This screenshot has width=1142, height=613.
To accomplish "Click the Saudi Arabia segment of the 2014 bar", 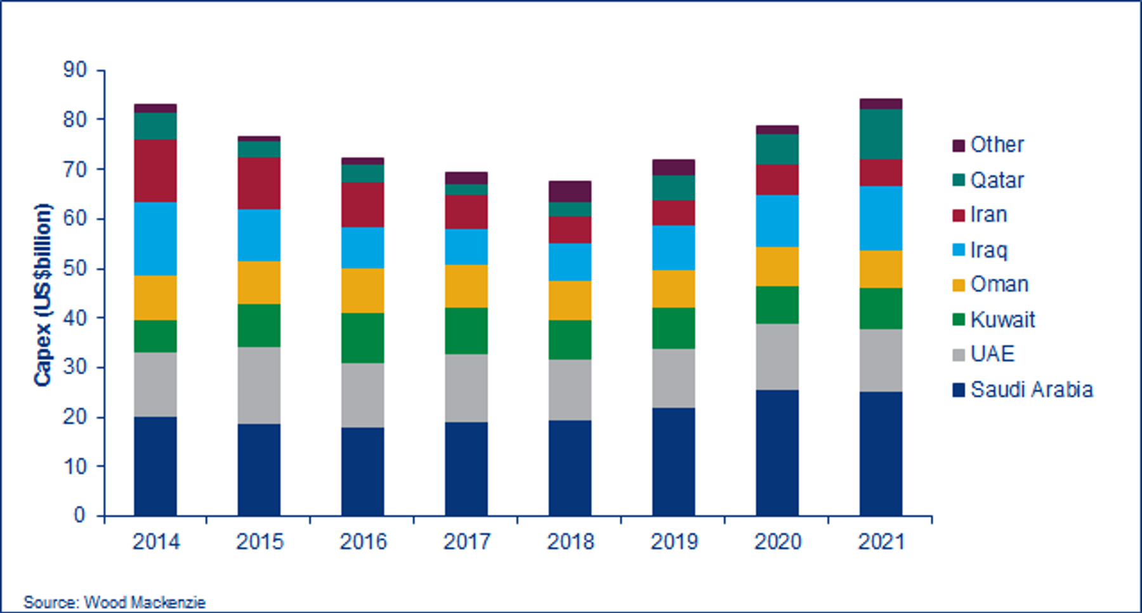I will point(155,466).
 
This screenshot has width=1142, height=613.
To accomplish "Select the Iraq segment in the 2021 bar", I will point(881,218).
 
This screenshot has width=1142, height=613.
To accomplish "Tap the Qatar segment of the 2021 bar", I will point(881,134).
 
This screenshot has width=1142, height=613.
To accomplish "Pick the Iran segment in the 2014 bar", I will point(155,171).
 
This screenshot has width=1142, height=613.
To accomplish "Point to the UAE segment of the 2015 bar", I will point(259,385).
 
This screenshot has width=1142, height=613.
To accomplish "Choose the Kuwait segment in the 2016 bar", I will point(362,338).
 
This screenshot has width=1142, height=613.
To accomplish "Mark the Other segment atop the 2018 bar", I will point(570,191).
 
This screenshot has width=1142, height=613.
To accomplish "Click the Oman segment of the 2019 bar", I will point(673,289).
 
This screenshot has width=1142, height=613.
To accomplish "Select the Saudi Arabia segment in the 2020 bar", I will point(777,452).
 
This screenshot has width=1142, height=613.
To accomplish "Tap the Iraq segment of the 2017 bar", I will point(466,246).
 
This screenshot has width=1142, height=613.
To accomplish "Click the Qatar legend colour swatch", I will point(959,180).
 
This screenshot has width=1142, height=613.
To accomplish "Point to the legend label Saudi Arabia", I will point(1032,389).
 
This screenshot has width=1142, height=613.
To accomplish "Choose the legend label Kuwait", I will point(1002,319).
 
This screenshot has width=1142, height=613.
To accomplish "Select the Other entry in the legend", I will point(997,145).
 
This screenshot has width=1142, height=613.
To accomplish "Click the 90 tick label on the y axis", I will point(75,70).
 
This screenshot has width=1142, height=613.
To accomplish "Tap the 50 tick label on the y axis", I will point(75,268).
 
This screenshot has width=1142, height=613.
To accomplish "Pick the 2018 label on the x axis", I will point(570,541).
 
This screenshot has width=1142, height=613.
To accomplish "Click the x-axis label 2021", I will point(881,541).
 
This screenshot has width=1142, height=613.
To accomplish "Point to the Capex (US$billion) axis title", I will point(43,294).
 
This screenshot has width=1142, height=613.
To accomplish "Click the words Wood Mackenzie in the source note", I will point(145,602).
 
